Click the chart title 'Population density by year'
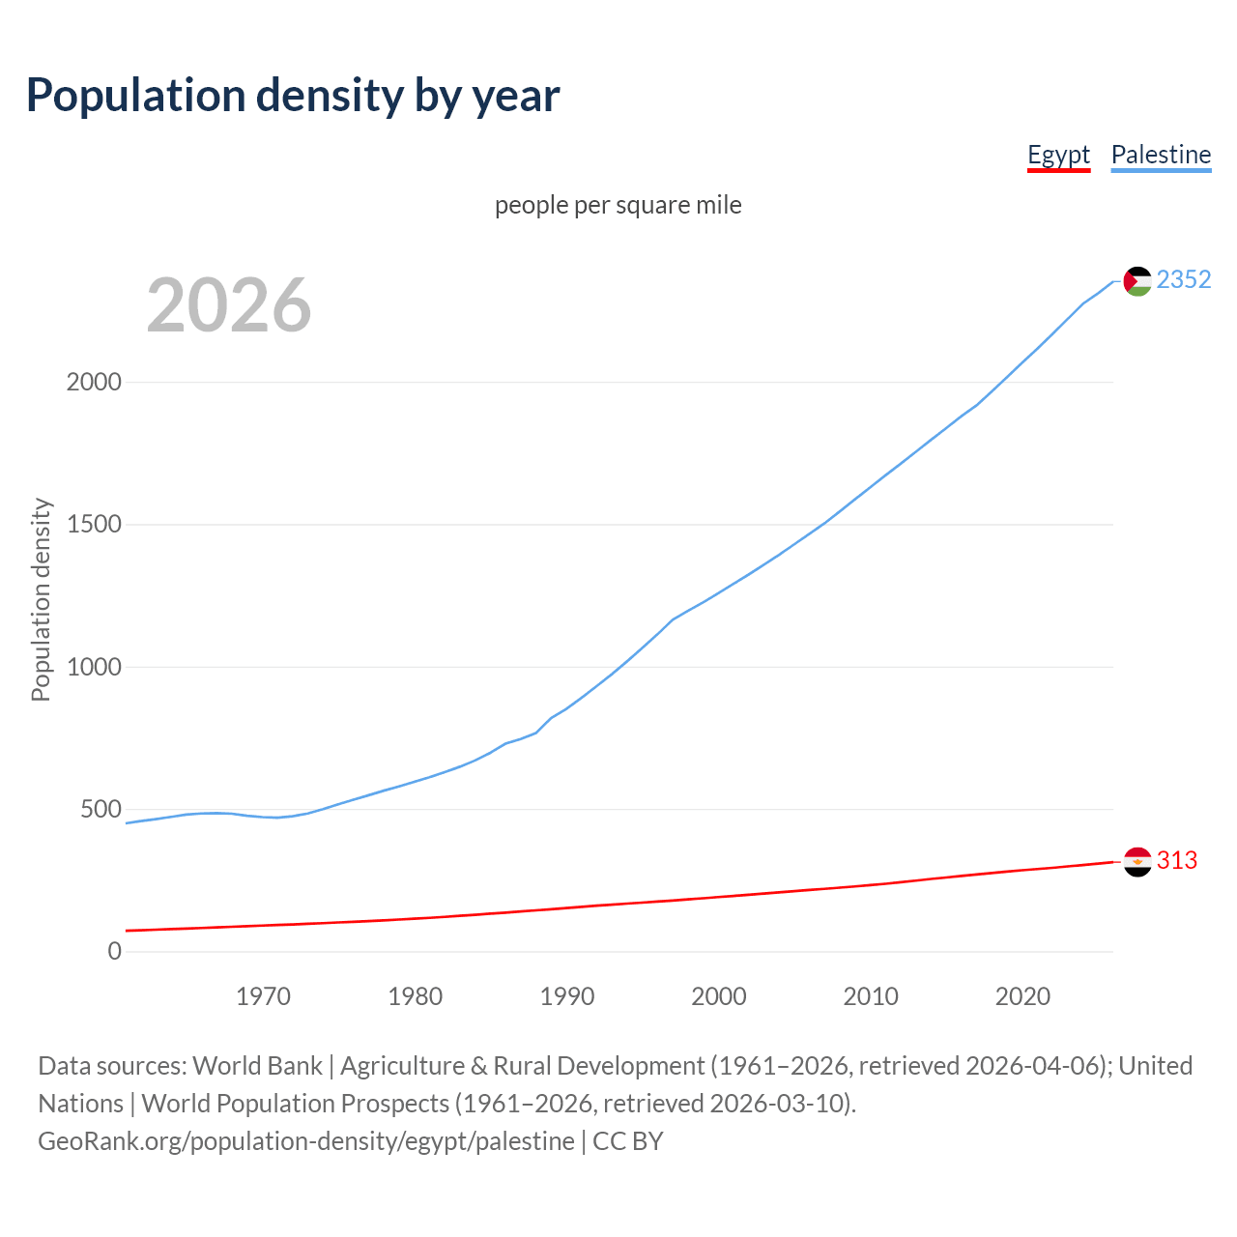292,96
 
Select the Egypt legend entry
1058,155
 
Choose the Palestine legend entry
1161,155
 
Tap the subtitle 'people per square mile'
618,205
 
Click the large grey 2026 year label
229,305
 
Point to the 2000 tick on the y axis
94,382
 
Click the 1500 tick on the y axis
94,524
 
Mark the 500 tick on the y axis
101,809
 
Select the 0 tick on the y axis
115,951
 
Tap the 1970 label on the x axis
263,996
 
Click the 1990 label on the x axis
567,996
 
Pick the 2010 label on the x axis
871,996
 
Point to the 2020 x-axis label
1022,996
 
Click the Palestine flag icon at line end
1137,281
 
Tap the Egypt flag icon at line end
1137,861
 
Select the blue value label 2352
1184,279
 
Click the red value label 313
1176,860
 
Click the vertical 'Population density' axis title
41,599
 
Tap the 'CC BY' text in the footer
628,1141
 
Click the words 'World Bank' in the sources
257,1066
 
